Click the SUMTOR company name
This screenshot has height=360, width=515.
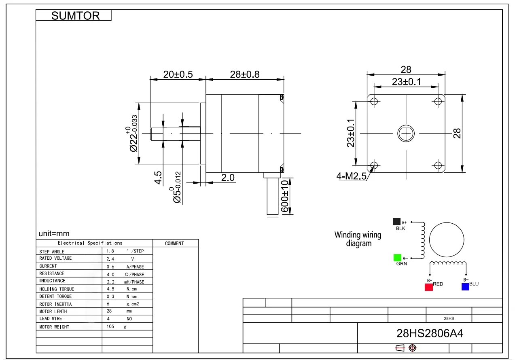tap(75, 16)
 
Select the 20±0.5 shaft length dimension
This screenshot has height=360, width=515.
tap(178, 74)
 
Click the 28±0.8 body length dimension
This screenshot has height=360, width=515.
tap(245, 74)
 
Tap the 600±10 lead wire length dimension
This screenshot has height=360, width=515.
tap(285, 196)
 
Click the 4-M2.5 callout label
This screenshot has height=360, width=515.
tap(351, 176)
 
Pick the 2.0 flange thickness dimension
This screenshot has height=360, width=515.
tap(228, 178)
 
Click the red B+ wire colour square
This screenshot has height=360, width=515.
tap(428, 287)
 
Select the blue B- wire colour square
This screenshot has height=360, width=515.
tap(465, 287)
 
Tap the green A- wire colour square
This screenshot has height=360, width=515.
tap(397, 258)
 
